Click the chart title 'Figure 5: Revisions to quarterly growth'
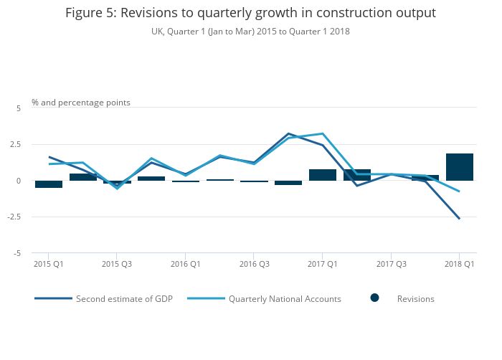click(250, 13)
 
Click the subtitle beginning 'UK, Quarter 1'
click(250, 32)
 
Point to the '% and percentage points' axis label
click(81, 103)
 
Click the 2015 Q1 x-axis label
click(49, 265)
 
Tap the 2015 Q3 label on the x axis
click(117, 265)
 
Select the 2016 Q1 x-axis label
click(186, 265)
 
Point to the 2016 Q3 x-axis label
click(254, 265)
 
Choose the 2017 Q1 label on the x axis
click(323, 265)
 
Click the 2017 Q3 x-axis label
click(391, 265)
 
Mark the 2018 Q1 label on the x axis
click(460, 265)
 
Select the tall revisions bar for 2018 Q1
click(460, 167)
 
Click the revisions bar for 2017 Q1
click(323, 175)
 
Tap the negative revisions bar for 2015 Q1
click(49, 184)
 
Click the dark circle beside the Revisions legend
click(374, 298)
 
